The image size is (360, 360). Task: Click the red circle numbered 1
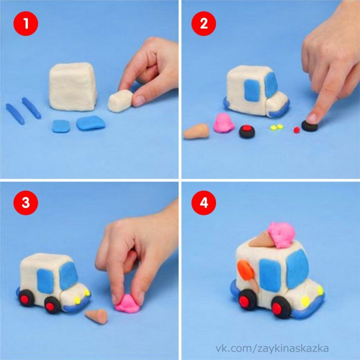pyautogui.click(x=26, y=23)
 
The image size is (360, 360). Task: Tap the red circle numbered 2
pyautogui.click(x=203, y=23)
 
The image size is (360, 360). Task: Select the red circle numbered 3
pyautogui.click(x=26, y=203)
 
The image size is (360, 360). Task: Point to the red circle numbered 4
pyautogui.click(x=203, y=203)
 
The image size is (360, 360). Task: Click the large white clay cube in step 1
pyautogui.click(x=73, y=86)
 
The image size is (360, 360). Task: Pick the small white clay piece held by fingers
pyautogui.click(x=121, y=101)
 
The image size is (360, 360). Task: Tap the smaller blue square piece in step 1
pyautogui.click(x=61, y=126)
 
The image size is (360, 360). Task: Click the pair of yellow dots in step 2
pyautogui.click(x=277, y=127)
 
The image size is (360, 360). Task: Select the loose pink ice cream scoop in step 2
pyautogui.click(x=223, y=123)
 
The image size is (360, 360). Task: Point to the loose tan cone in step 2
pyautogui.click(x=197, y=131)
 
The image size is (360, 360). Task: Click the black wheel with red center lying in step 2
pyautogui.click(x=247, y=131)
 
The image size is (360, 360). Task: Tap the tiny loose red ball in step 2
pyautogui.click(x=297, y=130)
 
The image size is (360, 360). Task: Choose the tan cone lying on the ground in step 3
pyautogui.click(x=97, y=316)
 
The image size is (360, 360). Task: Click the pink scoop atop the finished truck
pyautogui.click(x=282, y=234)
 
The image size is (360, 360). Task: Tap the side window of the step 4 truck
pyautogui.click(x=270, y=275)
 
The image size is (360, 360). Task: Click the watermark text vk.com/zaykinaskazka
pyautogui.click(x=272, y=349)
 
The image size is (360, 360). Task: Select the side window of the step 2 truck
pyautogui.click(x=252, y=90)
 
